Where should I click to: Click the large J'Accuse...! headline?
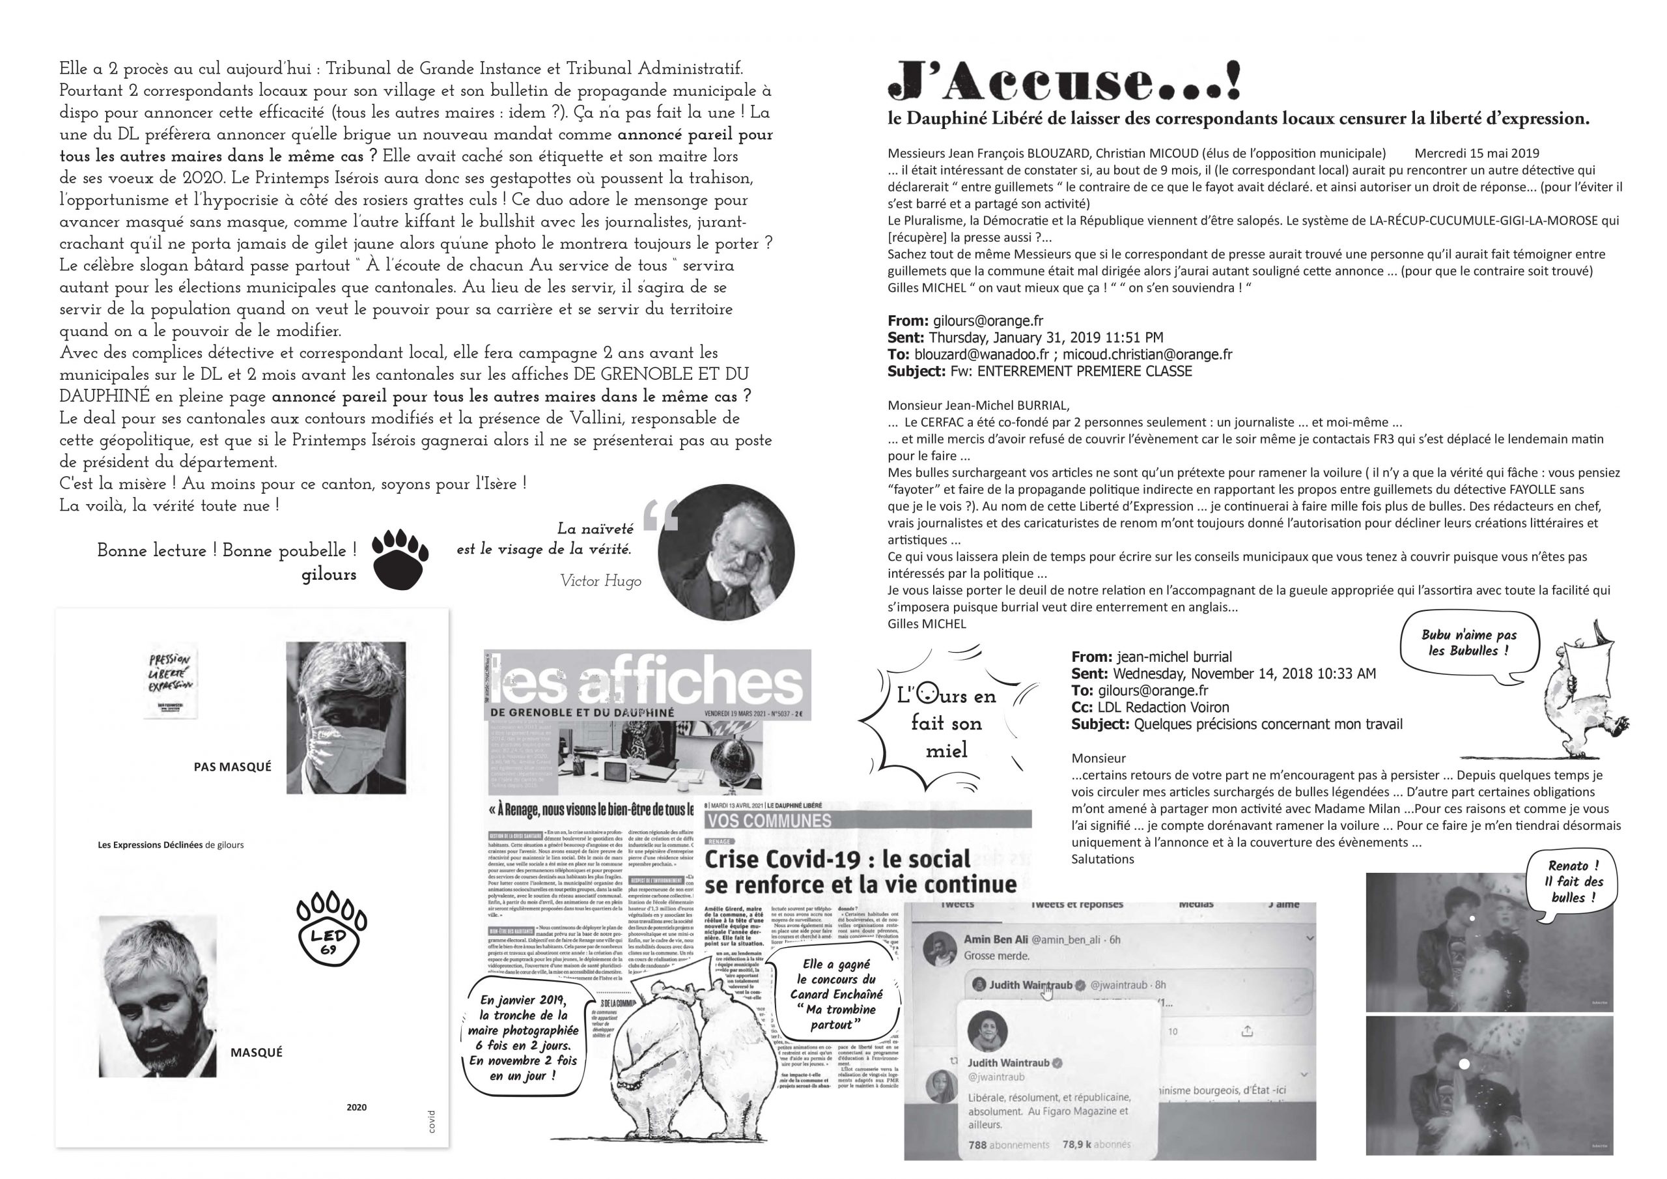(1063, 81)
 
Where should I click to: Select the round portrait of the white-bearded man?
(726, 553)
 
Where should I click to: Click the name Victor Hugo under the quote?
(600, 581)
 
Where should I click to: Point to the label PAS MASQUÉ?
(232, 767)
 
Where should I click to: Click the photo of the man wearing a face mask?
(346, 717)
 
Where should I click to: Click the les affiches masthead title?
(646, 679)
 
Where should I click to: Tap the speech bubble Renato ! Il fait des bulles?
(1573, 882)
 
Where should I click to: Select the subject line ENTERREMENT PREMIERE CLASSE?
(1071, 371)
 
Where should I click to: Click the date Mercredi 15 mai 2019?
(1477, 153)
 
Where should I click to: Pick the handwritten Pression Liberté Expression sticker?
(170, 681)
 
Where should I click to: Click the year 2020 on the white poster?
(356, 1107)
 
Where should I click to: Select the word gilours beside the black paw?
(329, 575)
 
